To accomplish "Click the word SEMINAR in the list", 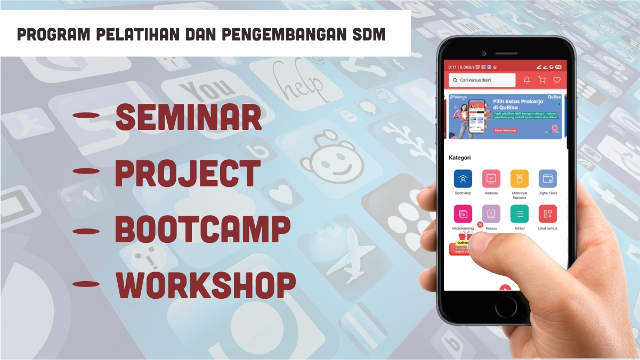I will pos(189,117).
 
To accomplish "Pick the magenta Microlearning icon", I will pos(463,214).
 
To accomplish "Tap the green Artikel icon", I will pos(519,214).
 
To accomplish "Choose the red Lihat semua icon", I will pos(547,214).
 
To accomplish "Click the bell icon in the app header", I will pos(526,80).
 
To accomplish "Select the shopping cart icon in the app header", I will pos(542,80).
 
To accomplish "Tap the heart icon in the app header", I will pos(557,80).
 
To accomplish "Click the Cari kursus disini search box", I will pos(482,80).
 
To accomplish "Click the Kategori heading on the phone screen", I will pos(460,158).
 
